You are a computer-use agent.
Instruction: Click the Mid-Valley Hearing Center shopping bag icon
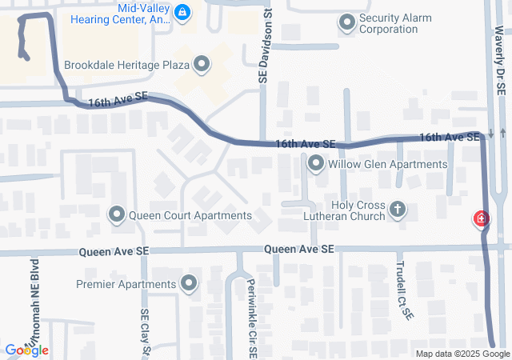(x=182, y=11)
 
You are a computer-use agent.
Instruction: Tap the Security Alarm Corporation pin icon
(x=346, y=23)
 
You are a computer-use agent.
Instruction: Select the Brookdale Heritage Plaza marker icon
(x=201, y=63)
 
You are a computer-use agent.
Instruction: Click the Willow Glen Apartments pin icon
(x=316, y=164)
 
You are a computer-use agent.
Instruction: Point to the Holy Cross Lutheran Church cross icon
(x=397, y=210)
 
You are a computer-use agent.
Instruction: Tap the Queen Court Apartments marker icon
(x=117, y=214)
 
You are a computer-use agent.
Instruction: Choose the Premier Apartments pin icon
(x=190, y=283)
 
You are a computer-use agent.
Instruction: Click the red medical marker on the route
(x=482, y=218)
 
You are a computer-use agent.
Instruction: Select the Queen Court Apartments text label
(x=190, y=215)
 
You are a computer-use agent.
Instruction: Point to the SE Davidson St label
(x=262, y=48)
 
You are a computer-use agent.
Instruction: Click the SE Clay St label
(x=146, y=331)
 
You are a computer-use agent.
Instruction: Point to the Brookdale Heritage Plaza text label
(x=126, y=64)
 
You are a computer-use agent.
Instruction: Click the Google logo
(x=26, y=350)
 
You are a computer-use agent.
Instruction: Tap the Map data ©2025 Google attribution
(x=462, y=354)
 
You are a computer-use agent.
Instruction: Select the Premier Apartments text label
(x=126, y=284)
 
